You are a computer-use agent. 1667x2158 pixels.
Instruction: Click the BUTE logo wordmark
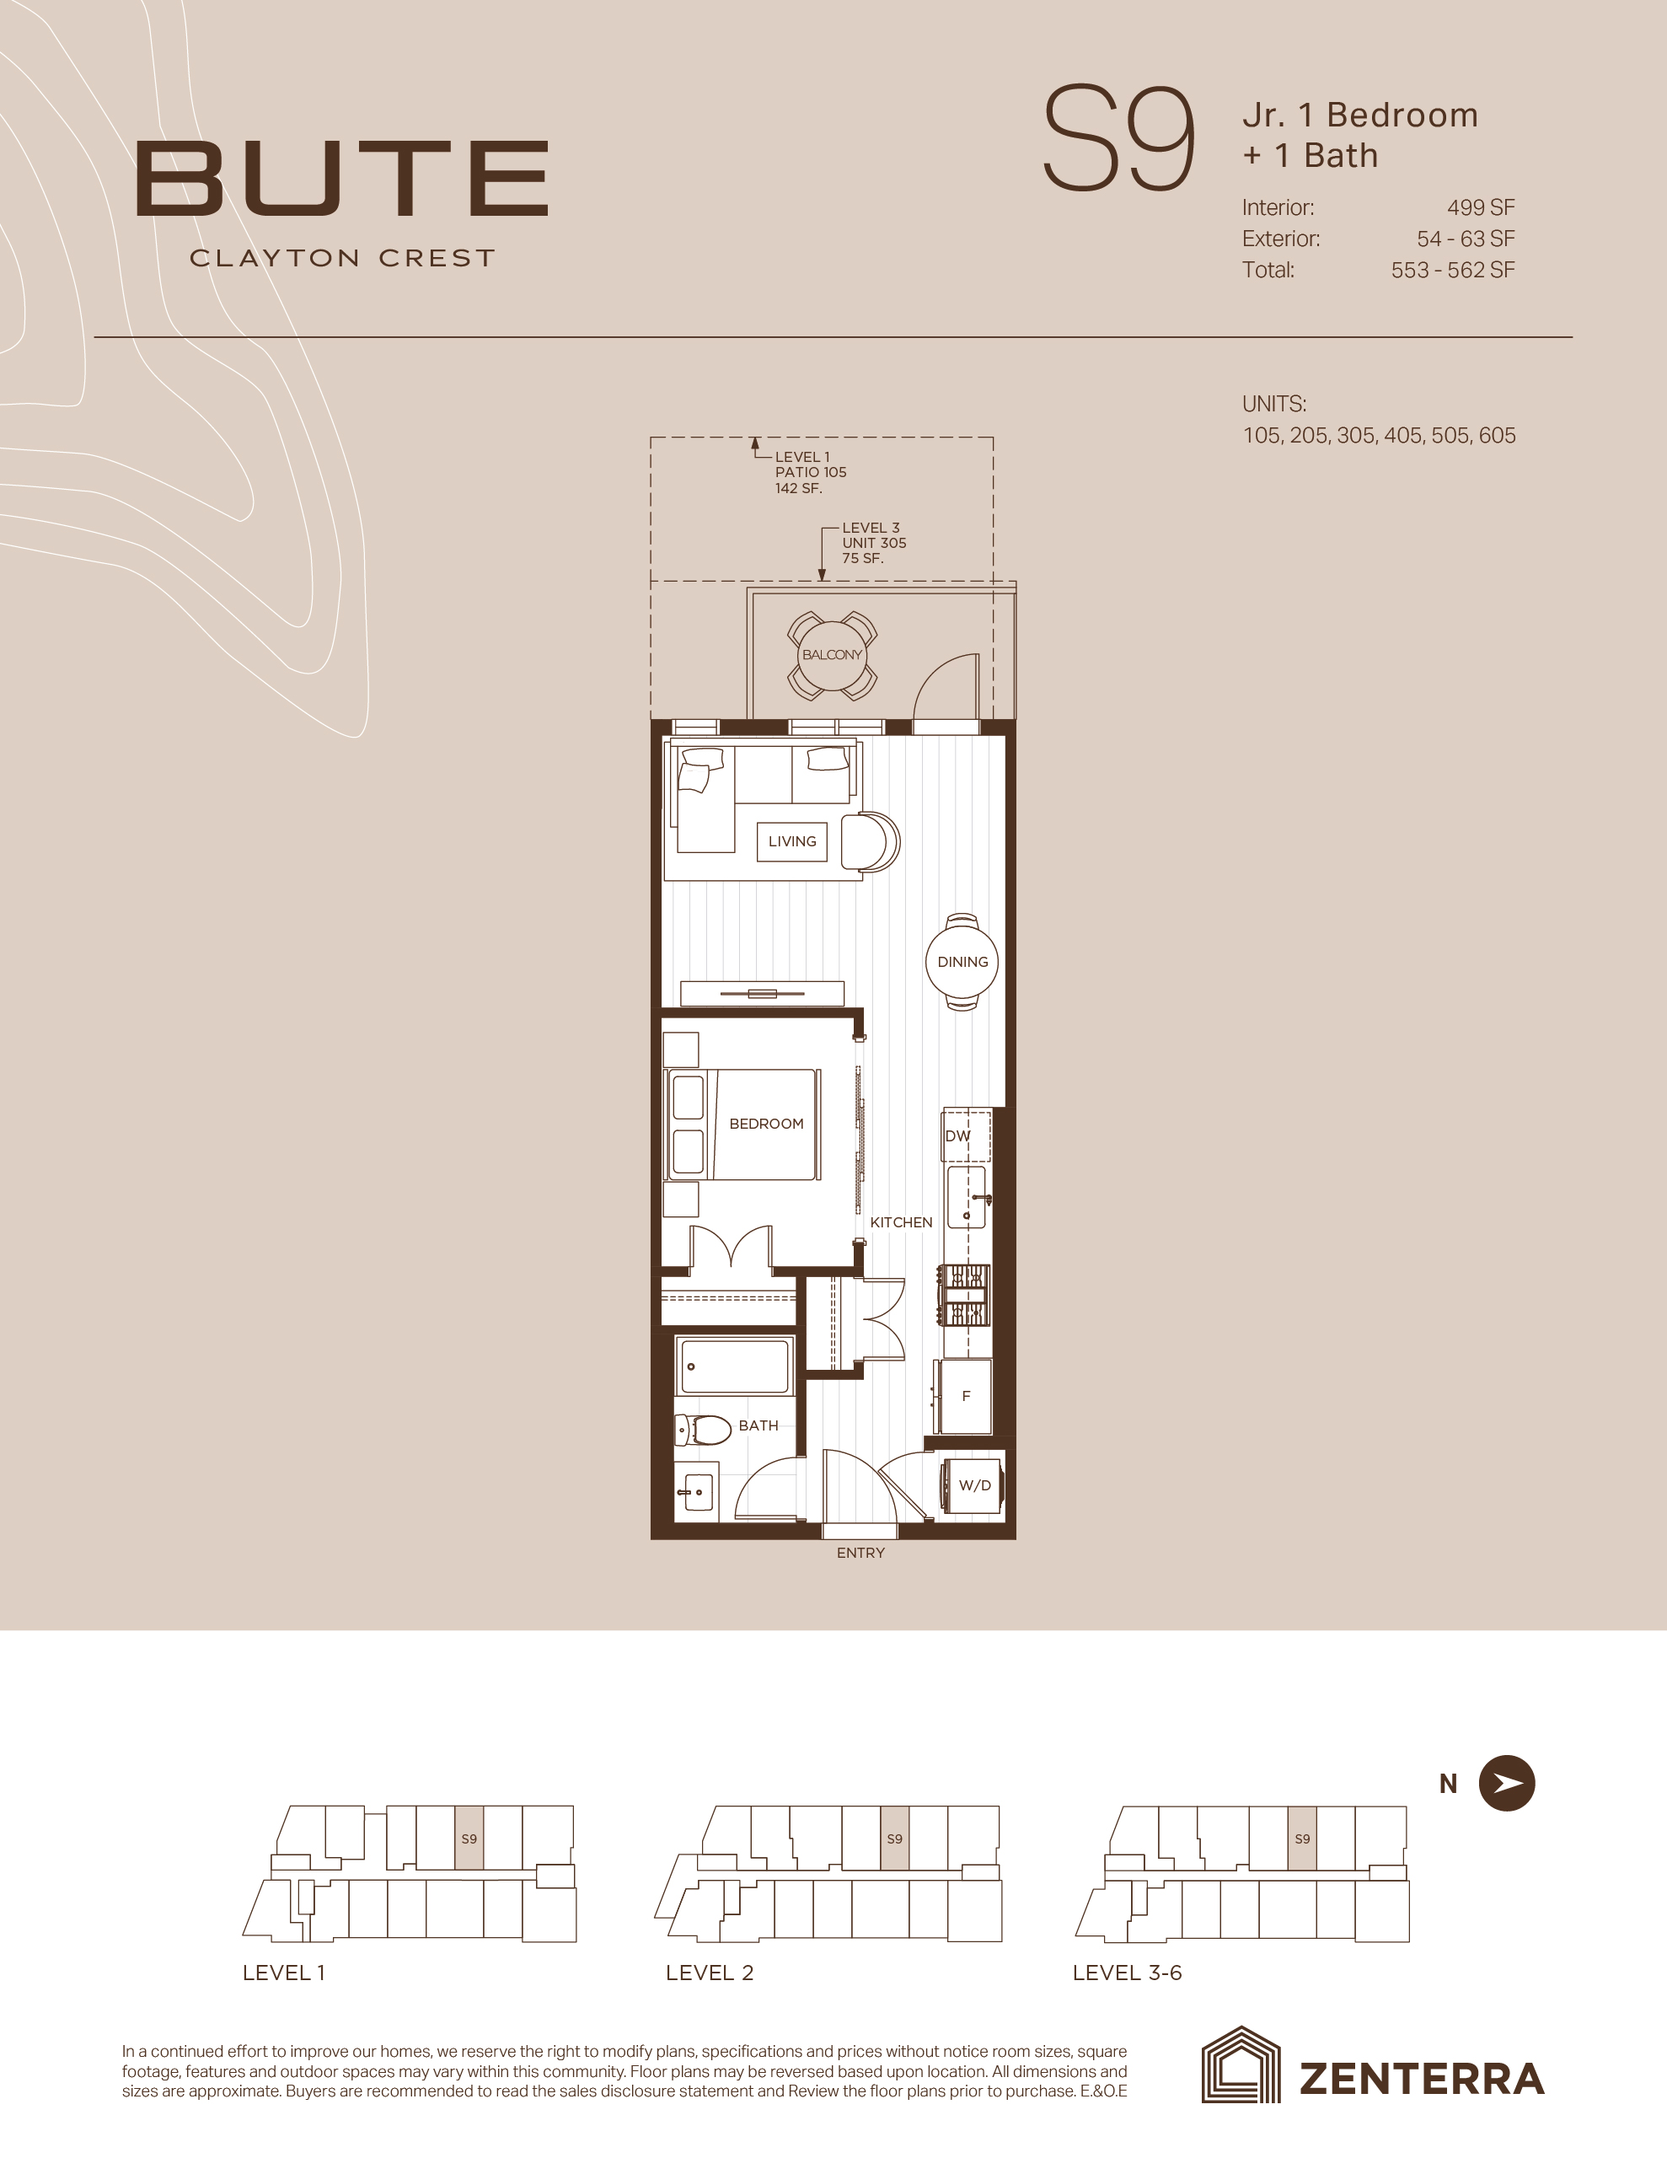pyautogui.click(x=342, y=179)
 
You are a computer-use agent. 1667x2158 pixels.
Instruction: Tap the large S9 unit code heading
pyautogui.click(x=1118, y=139)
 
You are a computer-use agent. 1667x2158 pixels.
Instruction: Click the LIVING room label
pyautogui.click(x=792, y=842)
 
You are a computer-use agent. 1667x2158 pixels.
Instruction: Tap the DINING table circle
pyautogui.click(x=962, y=963)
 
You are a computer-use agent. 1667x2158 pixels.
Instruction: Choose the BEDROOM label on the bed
pyautogui.click(x=766, y=1125)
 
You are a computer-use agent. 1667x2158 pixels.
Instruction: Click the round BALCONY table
pyautogui.click(x=832, y=655)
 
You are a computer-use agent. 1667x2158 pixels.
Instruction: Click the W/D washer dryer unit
pyautogui.click(x=973, y=1485)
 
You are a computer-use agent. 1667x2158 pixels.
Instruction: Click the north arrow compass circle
pyautogui.click(x=1507, y=1784)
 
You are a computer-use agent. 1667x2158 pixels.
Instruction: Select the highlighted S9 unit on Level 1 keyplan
pyautogui.click(x=469, y=1838)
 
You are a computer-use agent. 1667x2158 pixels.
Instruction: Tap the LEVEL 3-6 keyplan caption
pyautogui.click(x=1128, y=1973)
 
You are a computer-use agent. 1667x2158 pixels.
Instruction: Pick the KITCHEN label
pyautogui.click(x=901, y=1222)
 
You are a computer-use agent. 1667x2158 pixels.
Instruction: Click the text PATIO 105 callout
pyautogui.click(x=810, y=472)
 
